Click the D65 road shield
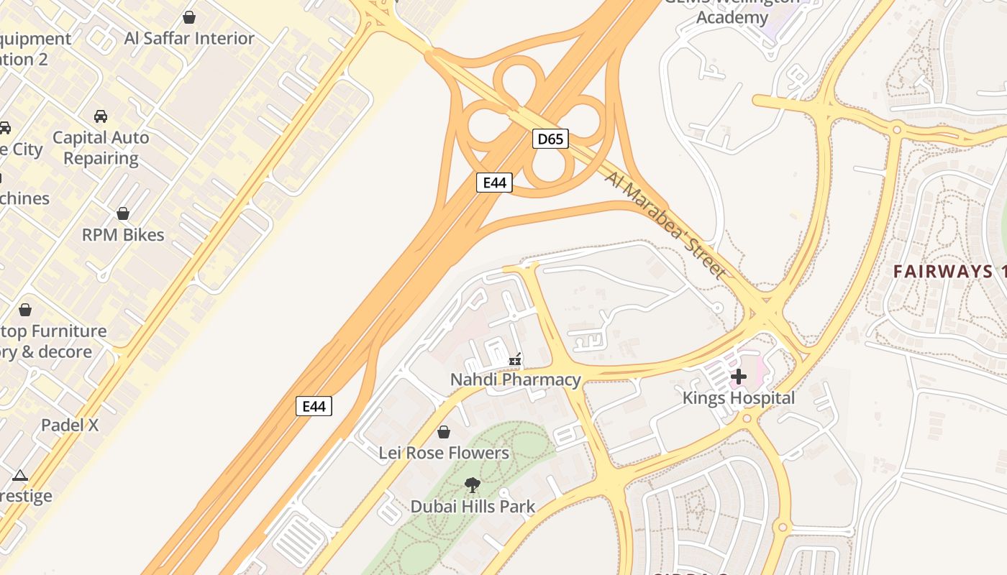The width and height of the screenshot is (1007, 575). (550, 139)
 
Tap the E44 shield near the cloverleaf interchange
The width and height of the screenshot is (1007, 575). (494, 183)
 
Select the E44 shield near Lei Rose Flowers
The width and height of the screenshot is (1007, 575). (314, 406)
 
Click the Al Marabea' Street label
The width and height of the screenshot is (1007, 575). (665, 224)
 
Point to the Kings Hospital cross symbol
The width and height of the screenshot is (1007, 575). (739, 376)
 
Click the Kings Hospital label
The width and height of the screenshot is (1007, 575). (739, 398)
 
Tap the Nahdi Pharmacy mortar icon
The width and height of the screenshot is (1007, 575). (515, 359)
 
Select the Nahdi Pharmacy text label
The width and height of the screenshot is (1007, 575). (515, 379)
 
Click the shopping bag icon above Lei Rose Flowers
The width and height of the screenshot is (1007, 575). (444, 432)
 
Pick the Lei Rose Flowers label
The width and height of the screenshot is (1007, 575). (444, 453)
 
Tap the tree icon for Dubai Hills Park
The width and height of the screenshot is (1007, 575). (472, 485)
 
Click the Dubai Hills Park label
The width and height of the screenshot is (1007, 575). (473, 506)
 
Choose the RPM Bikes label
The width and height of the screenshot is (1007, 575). (123, 235)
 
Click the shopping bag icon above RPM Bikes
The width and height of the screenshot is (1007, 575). (123, 213)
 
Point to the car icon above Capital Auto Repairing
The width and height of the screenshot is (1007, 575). (101, 116)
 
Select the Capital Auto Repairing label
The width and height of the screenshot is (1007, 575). (101, 147)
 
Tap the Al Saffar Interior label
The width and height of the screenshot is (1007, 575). (189, 38)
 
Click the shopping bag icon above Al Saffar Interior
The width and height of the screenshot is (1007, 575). (189, 17)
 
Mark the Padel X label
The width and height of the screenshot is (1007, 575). (70, 425)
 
